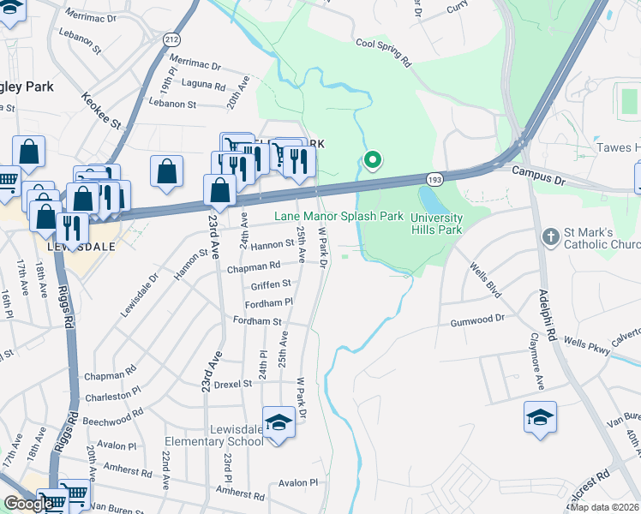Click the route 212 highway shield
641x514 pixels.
coord(171,39)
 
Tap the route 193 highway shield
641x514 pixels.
coord(433,178)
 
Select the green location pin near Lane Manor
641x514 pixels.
coord(372,159)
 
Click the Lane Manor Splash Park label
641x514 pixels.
coord(338,217)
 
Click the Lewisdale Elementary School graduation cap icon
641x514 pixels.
coord(279,422)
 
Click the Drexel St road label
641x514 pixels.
coord(233,384)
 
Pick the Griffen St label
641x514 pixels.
coord(271,284)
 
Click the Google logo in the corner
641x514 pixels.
coord(28,504)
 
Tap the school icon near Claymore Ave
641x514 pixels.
coord(540,417)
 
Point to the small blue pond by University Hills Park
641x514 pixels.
coord(432,202)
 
